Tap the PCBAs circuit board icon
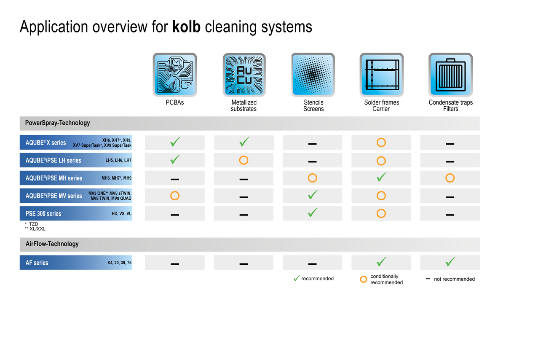pos(175,75)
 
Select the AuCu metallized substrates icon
pos(244,75)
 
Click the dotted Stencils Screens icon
pos(313,75)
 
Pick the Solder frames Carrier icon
pos(381,75)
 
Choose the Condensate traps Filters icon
pos(450,75)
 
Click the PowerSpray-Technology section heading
pos(58,123)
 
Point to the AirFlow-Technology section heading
pos(52,244)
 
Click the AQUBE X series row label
pos(46,142)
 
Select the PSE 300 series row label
pos(43,213)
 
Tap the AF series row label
pos(37,263)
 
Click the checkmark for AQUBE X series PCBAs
pos(175,142)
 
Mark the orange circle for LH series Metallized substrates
pos(244,160)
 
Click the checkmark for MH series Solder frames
pos(381,177)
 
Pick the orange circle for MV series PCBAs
pos(175,196)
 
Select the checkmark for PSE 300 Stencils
pos(313,212)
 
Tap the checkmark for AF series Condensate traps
pos(450,262)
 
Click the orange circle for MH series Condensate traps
pos(450,178)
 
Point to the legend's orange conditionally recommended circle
pos(363,279)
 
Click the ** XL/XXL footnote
pos(35,229)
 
